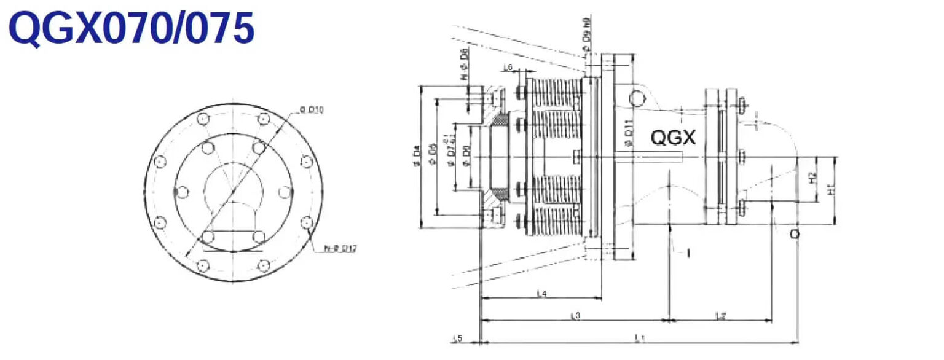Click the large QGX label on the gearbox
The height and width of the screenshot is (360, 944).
pos(673,138)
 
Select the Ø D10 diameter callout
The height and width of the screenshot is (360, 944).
pos(312,110)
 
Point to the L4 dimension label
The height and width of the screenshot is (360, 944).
pos(541,294)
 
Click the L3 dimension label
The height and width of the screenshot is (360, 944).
pos(575,316)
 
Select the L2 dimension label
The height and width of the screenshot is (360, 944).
pos(721,316)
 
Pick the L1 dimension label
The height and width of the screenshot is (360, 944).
pos(639,337)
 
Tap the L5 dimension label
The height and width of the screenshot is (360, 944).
pos(457,338)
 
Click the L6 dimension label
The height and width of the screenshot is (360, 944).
pos(508,67)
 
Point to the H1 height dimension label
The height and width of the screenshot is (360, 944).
pos(832,191)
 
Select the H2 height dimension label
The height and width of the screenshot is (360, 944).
pos(813,179)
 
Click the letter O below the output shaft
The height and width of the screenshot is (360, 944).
pos(795,234)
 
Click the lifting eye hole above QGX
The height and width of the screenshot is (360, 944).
pos(637,98)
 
